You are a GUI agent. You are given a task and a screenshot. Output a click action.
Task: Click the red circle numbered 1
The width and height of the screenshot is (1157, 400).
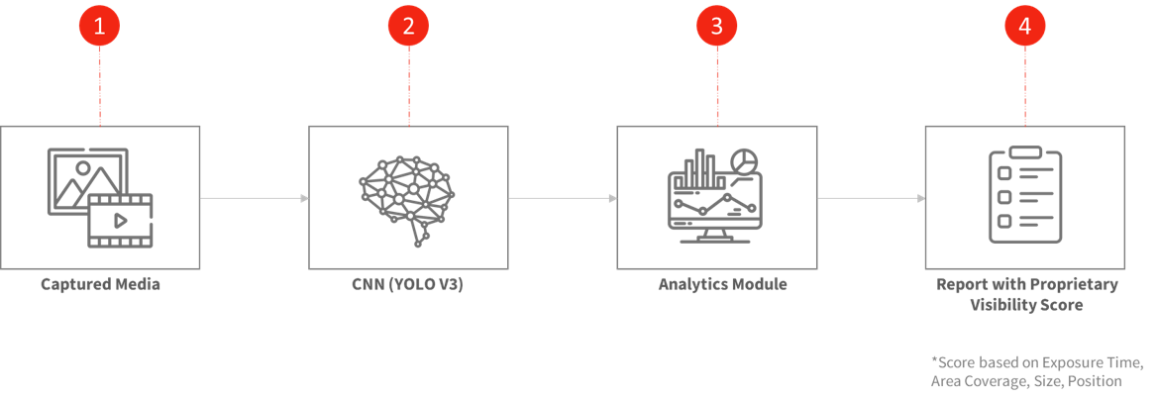99,27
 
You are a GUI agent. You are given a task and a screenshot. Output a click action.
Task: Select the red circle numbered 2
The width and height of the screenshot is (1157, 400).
408,27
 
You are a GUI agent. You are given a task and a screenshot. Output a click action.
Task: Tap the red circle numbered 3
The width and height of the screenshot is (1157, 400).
716,27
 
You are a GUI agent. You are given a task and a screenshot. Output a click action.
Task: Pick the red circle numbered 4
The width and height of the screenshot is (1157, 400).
1024,27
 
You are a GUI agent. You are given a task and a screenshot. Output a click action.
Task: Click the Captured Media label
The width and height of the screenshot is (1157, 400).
100,284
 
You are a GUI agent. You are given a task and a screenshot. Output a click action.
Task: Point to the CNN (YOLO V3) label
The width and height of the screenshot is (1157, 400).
408,284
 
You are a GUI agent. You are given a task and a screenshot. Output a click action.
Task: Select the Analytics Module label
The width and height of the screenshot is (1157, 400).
723,284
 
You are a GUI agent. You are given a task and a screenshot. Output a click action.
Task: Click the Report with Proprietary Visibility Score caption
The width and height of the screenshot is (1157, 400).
1026,295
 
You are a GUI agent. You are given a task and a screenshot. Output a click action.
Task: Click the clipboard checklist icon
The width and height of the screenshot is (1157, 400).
1024,195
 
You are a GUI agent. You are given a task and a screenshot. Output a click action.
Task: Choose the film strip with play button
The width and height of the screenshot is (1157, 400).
120,220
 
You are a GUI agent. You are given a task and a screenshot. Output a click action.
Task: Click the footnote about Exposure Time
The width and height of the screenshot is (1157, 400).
1037,370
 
